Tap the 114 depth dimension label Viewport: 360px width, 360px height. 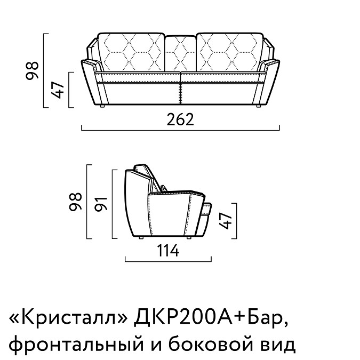pos(168,250)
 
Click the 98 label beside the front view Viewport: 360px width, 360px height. pos(33,70)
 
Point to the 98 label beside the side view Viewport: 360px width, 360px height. pos(76,204)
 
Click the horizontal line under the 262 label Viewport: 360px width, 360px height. pos(180,129)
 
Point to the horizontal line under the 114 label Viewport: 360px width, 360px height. pos(168,260)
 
